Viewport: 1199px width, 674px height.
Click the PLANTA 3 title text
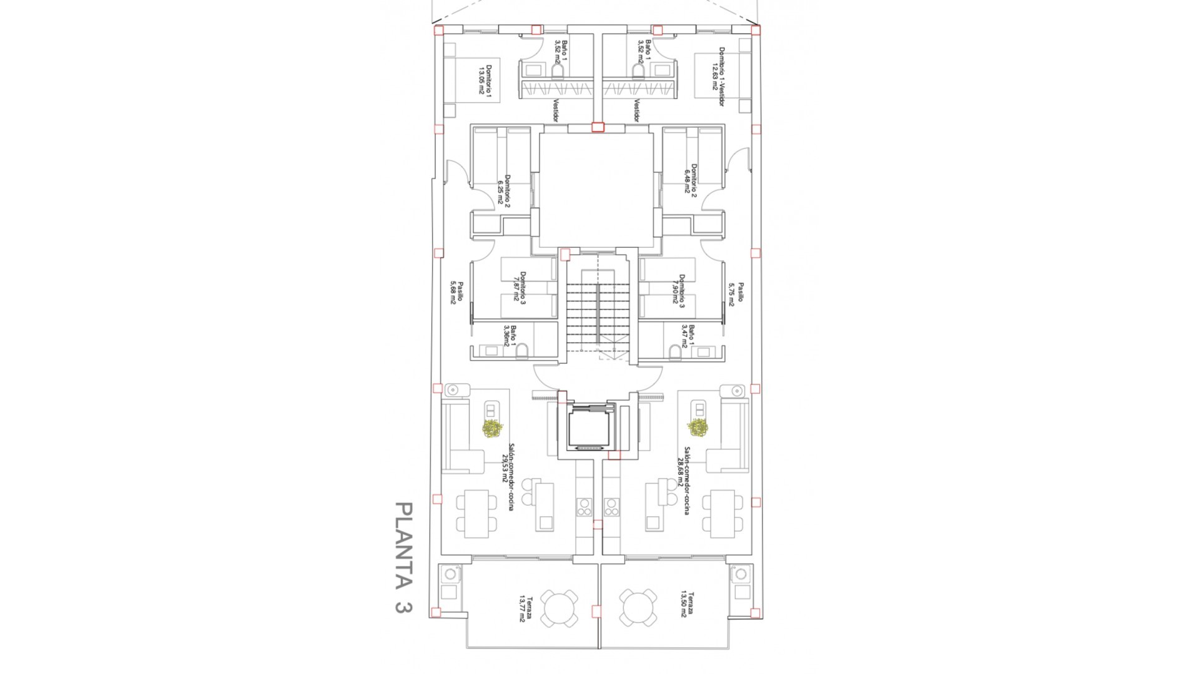click(x=404, y=557)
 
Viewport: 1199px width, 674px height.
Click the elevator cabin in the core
click(x=591, y=427)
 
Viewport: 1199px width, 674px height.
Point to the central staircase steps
click(x=598, y=312)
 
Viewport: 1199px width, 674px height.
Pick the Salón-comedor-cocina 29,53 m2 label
click(x=507, y=477)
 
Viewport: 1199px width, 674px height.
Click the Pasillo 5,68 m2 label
click(x=455, y=291)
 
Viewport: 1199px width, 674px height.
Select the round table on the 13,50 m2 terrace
click(x=638, y=608)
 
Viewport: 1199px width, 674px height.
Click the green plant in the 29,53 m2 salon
click(x=493, y=428)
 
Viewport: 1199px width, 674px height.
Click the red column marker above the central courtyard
click(x=598, y=127)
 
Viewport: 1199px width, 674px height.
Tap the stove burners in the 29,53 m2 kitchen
click(x=584, y=507)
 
